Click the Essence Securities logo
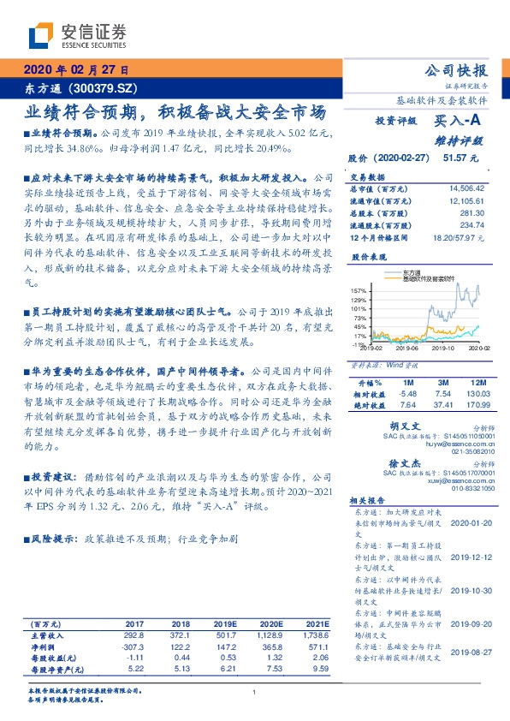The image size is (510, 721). tap(77, 35)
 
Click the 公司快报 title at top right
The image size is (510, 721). tap(457, 70)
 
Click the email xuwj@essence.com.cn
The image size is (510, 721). tap(434, 480)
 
